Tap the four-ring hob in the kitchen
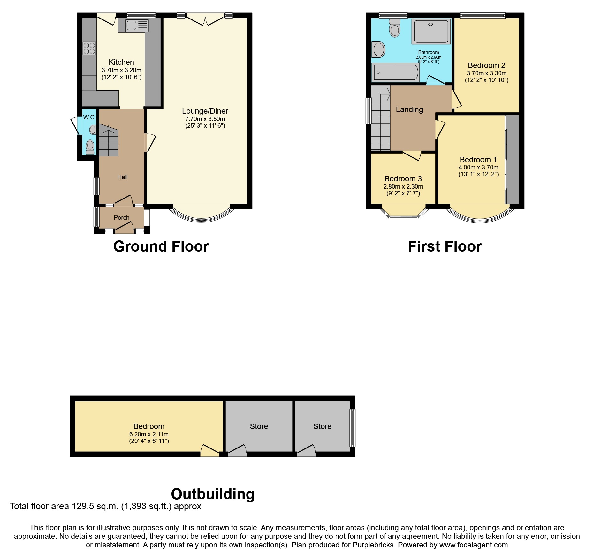[89, 49]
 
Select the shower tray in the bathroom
[431, 31]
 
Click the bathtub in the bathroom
[396, 72]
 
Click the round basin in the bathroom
[379, 50]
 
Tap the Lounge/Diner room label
[205, 111]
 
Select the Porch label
[122, 217]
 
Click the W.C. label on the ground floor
[89, 117]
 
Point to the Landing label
[409, 109]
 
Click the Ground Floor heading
[161, 246]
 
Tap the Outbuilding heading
[213, 494]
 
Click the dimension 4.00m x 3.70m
[478, 167]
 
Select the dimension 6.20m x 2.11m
[149, 434]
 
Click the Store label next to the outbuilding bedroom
[259, 426]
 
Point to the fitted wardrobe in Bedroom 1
[512, 160]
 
